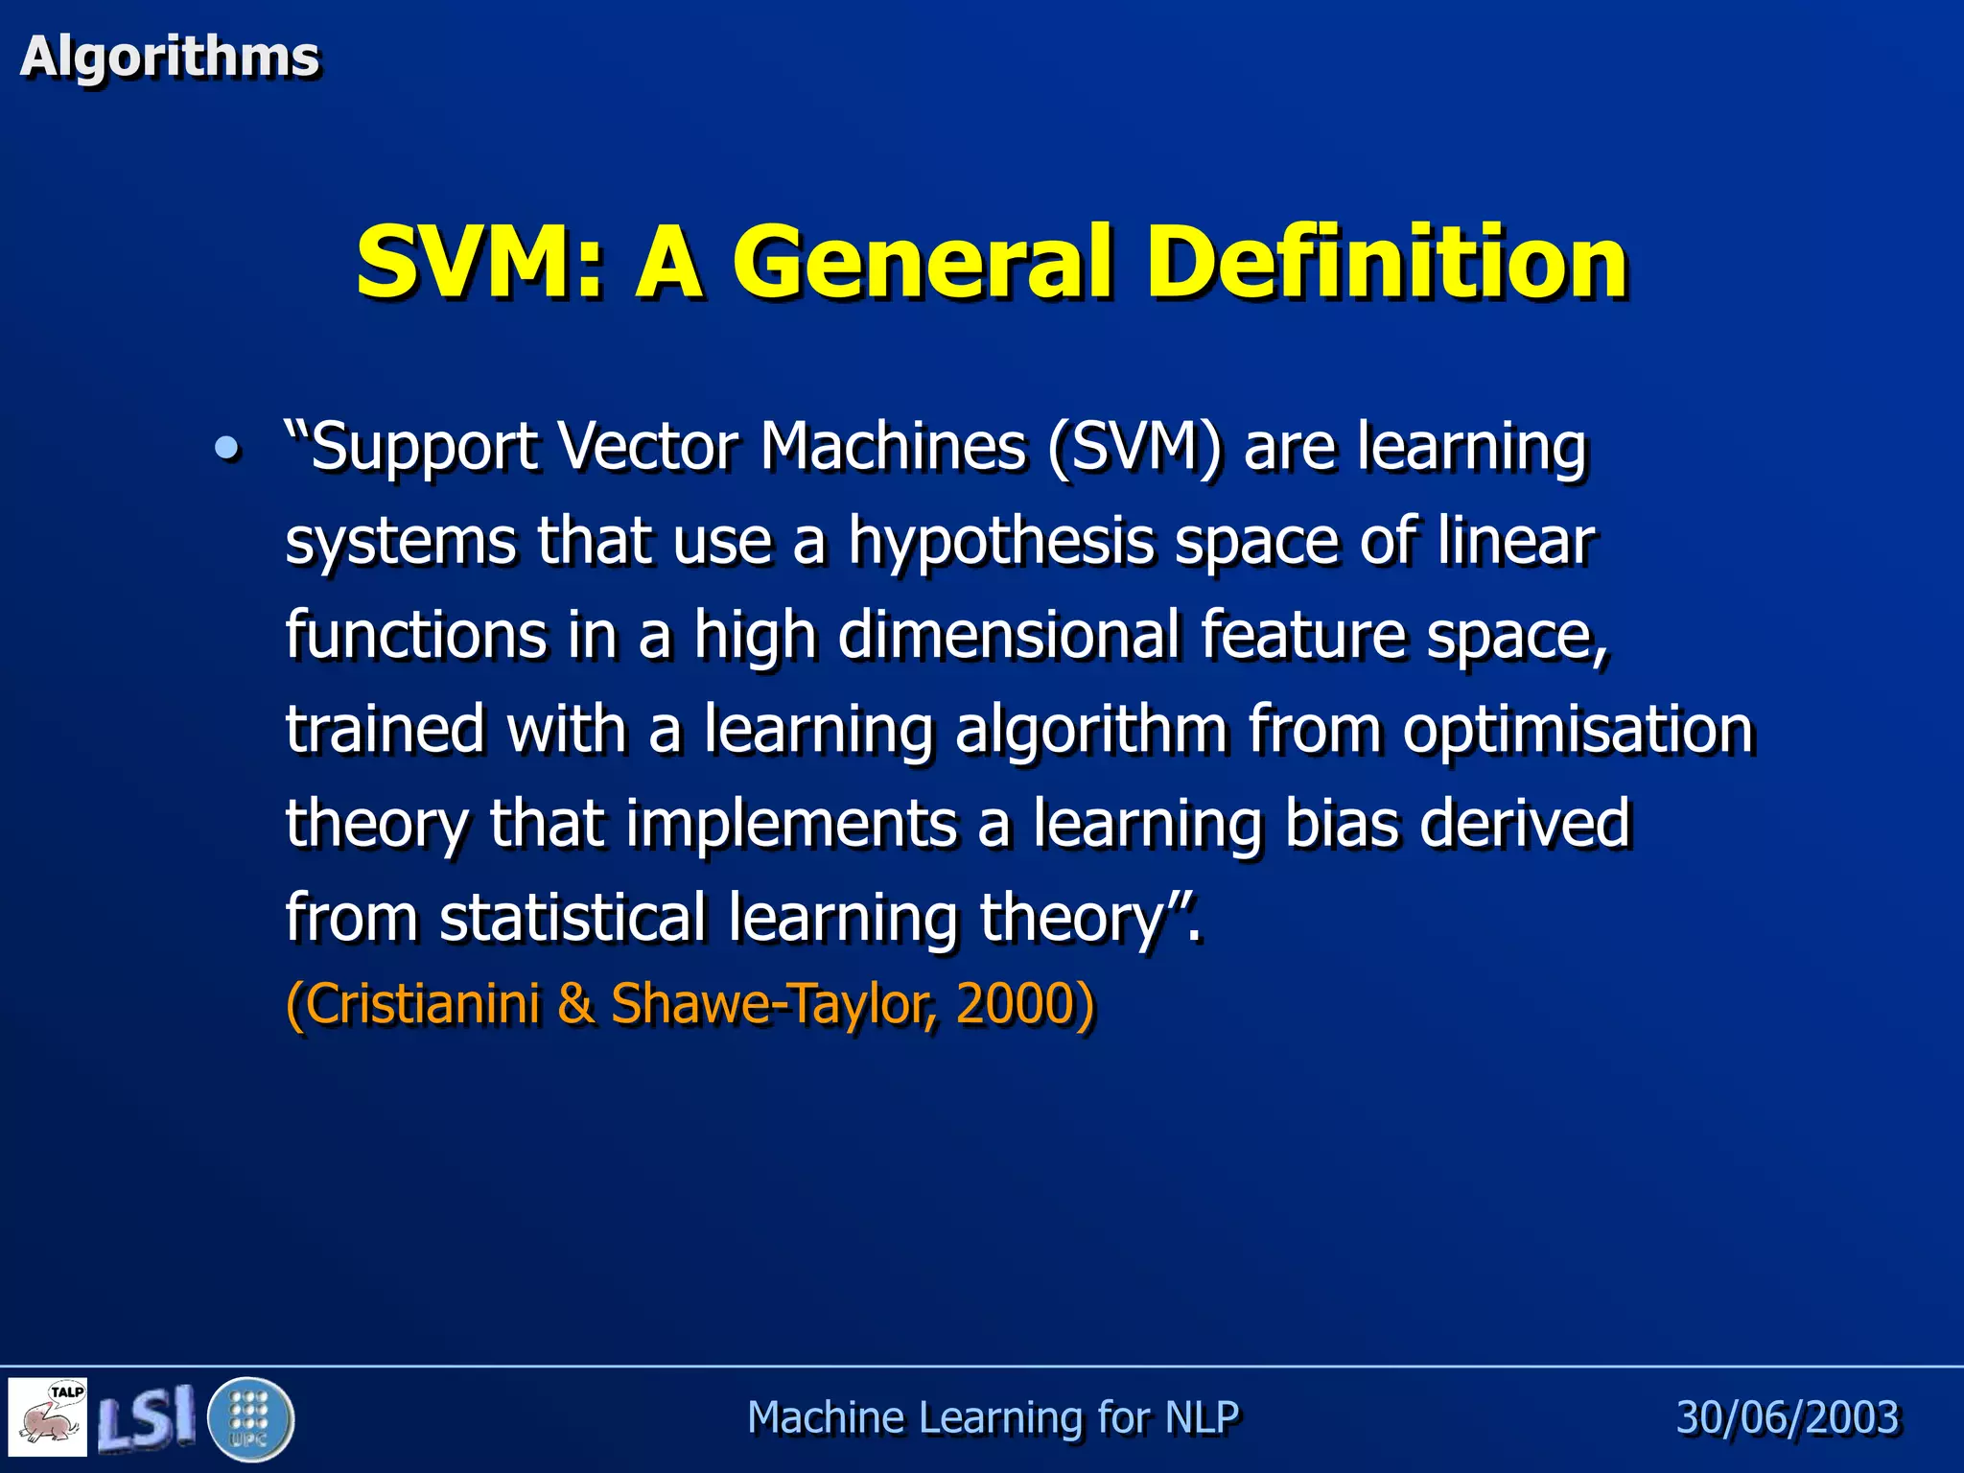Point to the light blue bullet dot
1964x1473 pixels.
tap(226, 448)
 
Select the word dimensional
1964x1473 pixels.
tap(1008, 636)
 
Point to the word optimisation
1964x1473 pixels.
tap(1578, 730)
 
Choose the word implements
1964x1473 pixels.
tap(791, 824)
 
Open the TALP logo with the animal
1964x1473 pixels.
tap(48, 1417)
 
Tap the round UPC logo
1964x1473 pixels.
tap(250, 1418)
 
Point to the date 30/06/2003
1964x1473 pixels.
tap(1787, 1417)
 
